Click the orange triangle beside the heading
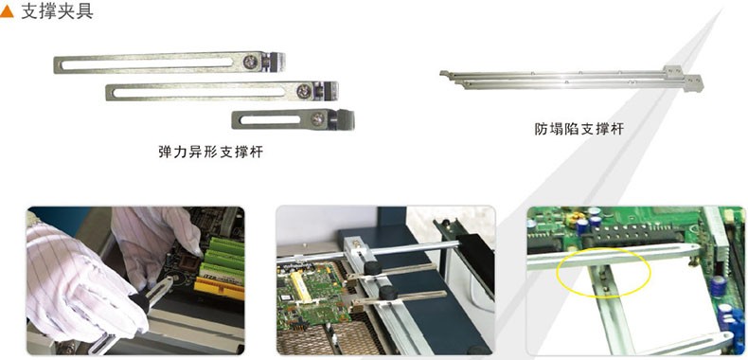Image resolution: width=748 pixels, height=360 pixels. [x=7, y=12]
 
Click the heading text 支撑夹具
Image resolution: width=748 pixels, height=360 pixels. [x=57, y=11]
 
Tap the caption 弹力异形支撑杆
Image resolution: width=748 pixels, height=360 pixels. [x=210, y=152]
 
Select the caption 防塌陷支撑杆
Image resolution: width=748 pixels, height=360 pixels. [x=579, y=129]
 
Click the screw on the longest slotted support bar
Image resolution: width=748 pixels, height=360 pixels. [x=250, y=62]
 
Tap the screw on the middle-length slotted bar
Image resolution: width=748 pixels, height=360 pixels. [x=303, y=90]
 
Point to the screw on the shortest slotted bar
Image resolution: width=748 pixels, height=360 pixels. [x=317, y=118]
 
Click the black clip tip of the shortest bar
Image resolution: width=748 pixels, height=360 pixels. [x=344, y=119]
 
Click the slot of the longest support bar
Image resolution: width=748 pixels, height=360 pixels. [x=147, y=63]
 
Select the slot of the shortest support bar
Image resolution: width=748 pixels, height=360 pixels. [x=271, y=119]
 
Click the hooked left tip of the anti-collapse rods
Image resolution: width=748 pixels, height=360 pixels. [x=445, y=74]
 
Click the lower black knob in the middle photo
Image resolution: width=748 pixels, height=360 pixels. [x=389, y=293]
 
